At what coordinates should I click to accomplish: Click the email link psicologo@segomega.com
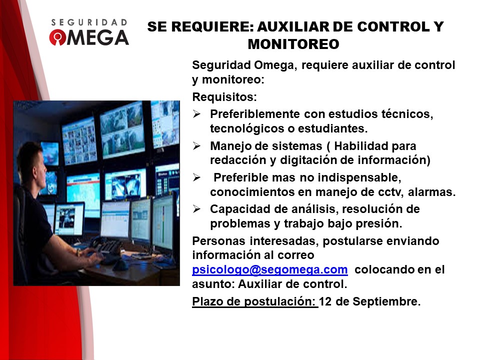coord(269,269)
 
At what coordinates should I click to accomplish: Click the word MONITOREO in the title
coord(293,44)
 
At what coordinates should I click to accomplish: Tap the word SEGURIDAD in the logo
coord(89,22)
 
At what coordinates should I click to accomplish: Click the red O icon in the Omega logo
coord(57,37)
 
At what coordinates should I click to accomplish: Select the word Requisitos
coord(224,97)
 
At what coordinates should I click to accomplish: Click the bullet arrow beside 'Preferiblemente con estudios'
coord(196,114)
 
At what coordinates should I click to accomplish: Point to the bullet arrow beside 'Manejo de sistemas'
coord(196,146)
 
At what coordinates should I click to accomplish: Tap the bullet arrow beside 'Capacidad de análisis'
coord(196,209)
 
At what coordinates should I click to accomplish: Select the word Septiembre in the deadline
coord(386,302)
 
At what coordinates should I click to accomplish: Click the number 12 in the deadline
coord(325,301)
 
